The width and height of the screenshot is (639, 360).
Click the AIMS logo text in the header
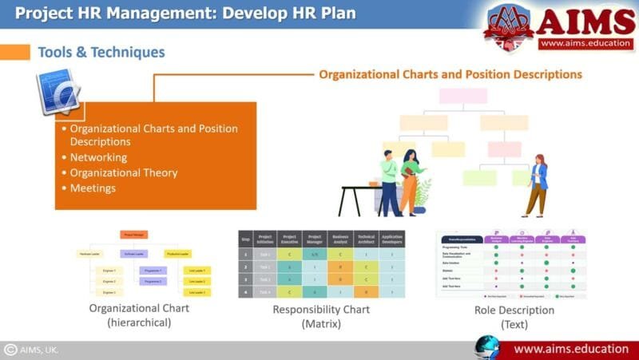pyautogui.click(x=586, y=22)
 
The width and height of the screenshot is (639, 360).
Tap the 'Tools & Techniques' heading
pyautogui.click(x=101, y=53)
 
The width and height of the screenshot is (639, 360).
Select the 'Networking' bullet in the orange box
pyautogui.click(x=98, y=157)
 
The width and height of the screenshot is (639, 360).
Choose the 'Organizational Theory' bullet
pyautogui.click(x=124, y=172)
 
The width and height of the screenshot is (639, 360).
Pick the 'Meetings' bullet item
pyautogui.click(x=93, y=188)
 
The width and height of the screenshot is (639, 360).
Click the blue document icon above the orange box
pyautogui.click(x=58, y=92)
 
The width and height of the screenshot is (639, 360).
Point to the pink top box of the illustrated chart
pyautogui.click(x=462, y=96)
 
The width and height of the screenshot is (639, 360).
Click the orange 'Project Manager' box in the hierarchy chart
pyautogui.click(x=134, y=235)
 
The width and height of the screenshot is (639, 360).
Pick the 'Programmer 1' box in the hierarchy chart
pyautogui.click(x=153, y=271)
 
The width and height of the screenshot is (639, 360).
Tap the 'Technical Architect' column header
pyautogui.click(x=366, y=239)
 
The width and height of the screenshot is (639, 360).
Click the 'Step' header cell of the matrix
pyautogui.click(x=246, y=239)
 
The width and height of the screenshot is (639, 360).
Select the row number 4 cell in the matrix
pyautogui.click(x=246, y=292)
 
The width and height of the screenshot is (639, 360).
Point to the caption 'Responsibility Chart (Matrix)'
pyautogui.click(x=322, y=316)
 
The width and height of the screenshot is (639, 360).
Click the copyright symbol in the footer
pyautogui.click(x=11, y=350)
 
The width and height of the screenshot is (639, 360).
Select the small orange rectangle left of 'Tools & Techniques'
pyautogui.click(x=14, y=52)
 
